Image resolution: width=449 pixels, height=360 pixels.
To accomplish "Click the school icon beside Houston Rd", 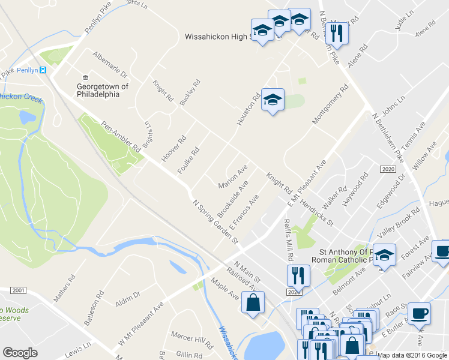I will point(273,100).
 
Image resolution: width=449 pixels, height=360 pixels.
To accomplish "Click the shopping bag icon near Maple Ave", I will point(253,304).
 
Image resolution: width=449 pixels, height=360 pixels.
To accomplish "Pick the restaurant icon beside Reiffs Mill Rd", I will point(298,275).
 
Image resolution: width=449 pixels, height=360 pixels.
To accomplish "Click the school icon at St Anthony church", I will point(384,254).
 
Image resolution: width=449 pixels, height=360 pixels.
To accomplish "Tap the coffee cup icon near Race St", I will point(419,313).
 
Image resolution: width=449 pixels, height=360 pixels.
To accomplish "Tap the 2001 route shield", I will point(19,290).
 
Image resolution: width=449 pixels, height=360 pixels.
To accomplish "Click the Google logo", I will point(20,353).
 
